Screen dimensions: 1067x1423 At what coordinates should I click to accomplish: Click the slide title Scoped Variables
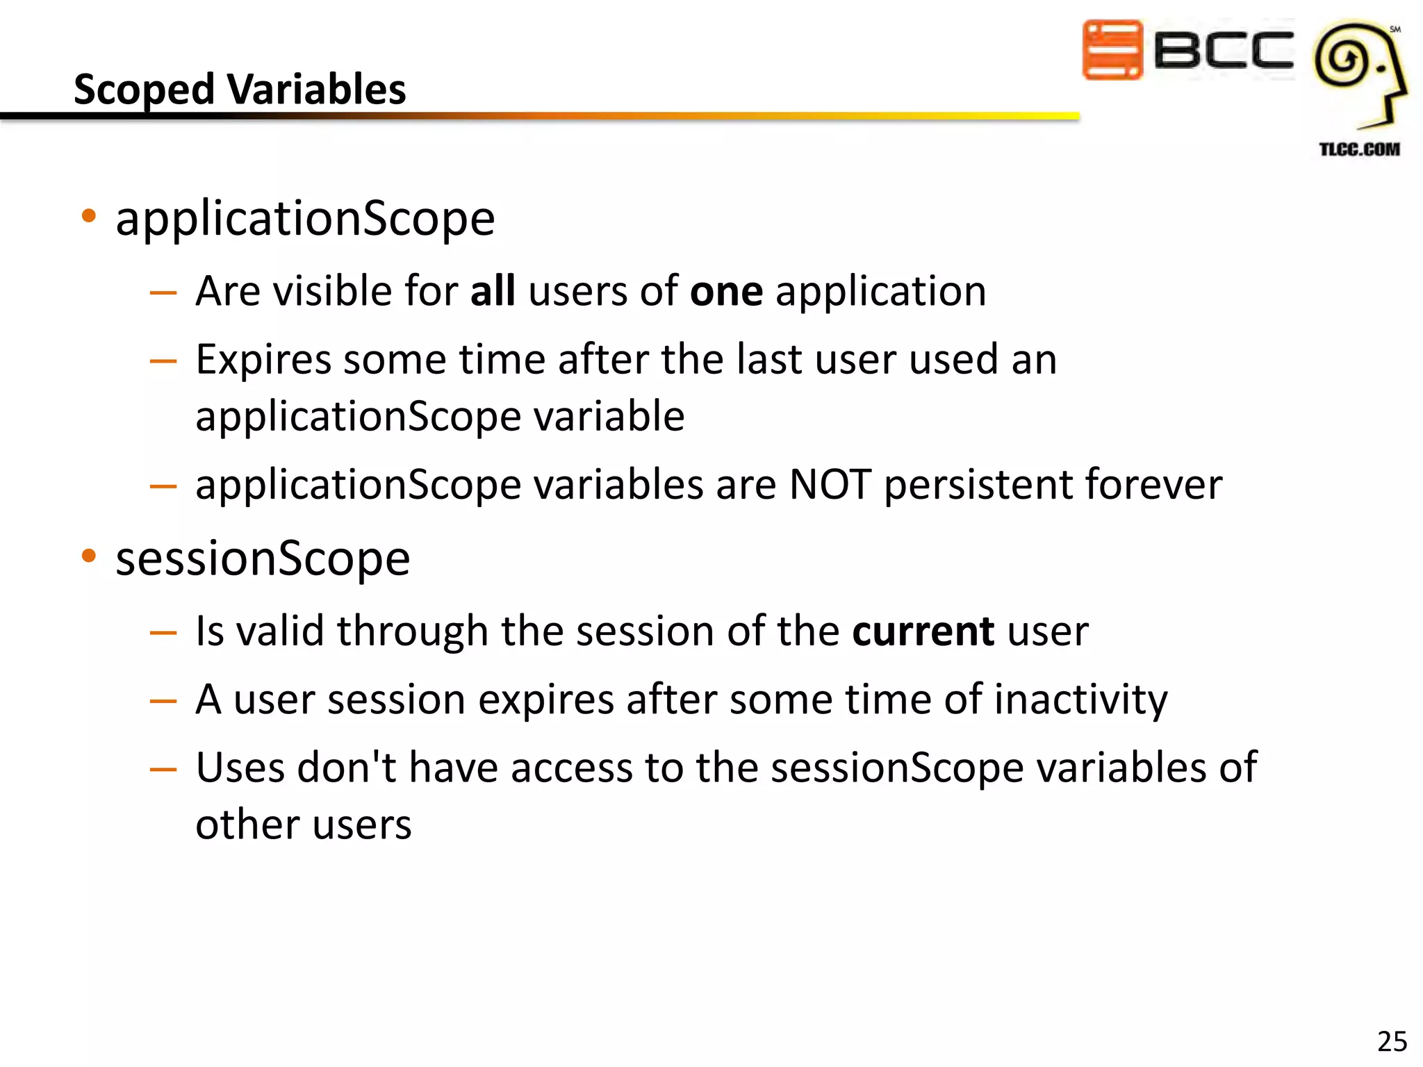[240, 90]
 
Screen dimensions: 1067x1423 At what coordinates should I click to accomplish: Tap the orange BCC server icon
[1112, 50]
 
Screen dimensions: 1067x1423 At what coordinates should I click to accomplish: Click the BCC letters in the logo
[1223, 50]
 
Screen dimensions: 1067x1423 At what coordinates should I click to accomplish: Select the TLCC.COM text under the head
[1359, 149]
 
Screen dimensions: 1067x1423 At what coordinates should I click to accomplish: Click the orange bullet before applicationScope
[88, 216]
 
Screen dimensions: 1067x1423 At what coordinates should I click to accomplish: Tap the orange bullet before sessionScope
[88, 556]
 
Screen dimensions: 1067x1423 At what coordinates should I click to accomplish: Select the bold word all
[493, 290]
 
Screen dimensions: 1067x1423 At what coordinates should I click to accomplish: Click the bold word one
[726, 292]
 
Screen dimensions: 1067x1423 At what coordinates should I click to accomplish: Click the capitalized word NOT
[830, 484]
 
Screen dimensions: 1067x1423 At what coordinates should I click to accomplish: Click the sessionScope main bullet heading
[263, 559]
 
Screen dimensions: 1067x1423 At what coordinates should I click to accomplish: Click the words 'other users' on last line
[304, 825]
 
